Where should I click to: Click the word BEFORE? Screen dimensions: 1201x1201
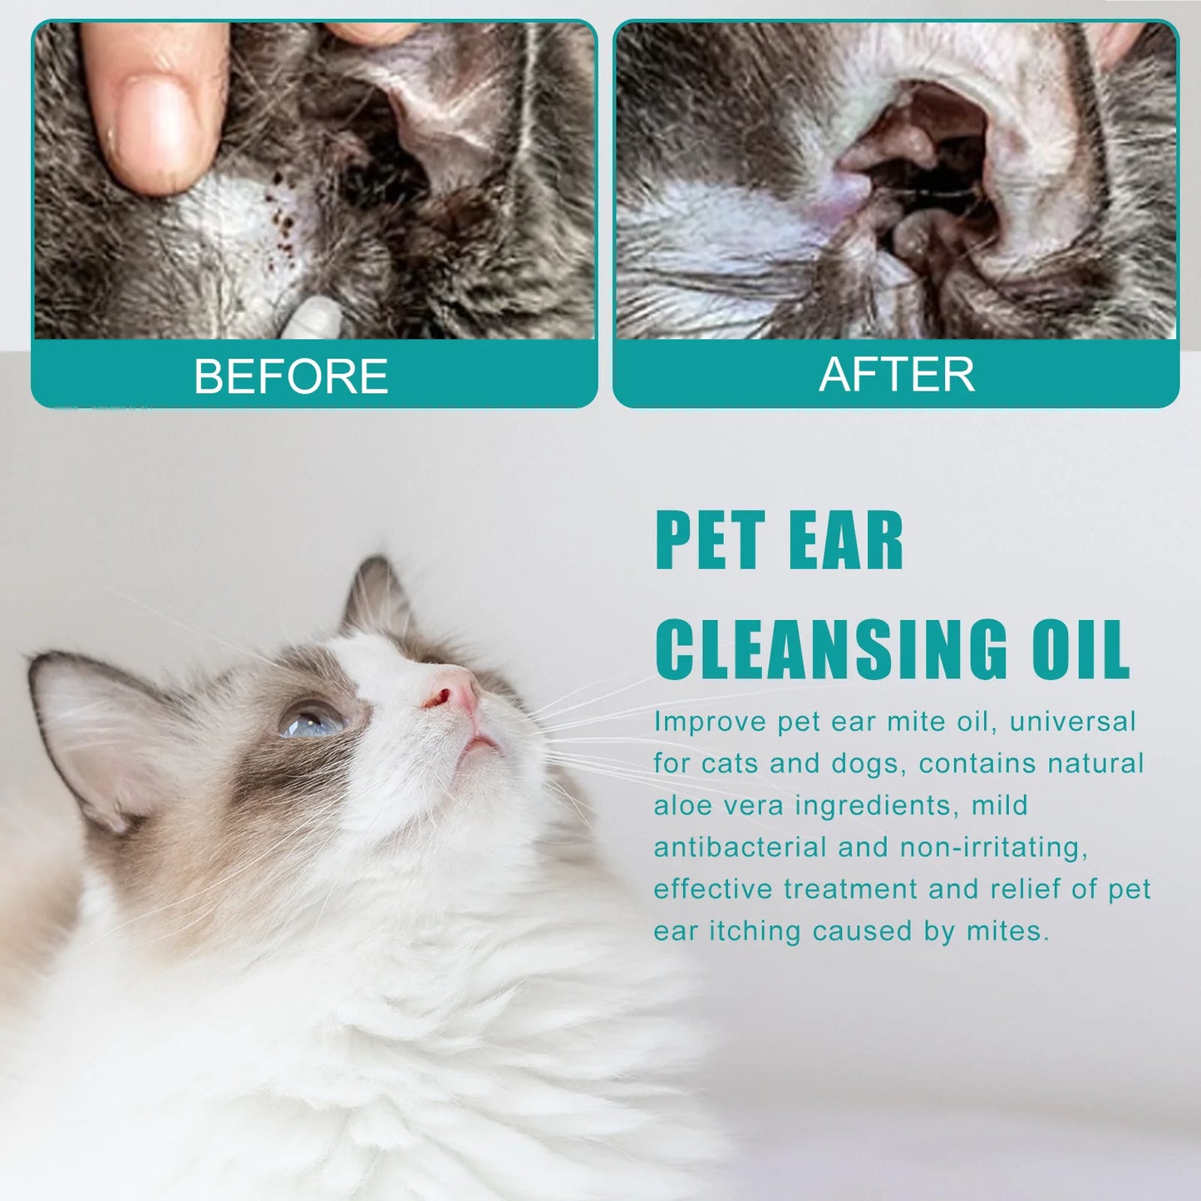(291, 376)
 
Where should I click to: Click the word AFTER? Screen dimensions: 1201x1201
(896, 375)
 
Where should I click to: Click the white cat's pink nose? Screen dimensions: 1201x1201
(453, 692)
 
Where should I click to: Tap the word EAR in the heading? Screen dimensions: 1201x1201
(845, 539)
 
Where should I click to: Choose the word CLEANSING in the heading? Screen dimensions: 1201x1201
(831, 650)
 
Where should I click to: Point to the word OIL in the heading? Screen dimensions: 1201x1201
(1080, 650)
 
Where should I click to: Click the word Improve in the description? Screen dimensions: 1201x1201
(710, 723)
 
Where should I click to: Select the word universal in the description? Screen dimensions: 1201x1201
(1073, 721)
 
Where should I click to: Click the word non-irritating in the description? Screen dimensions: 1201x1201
(993, 849)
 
